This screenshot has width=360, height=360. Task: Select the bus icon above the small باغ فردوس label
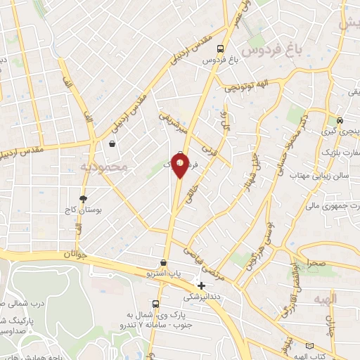tap(221, 49)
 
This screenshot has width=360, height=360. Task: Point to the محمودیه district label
tap(103, 167)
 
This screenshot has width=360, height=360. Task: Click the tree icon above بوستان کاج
tap(83, 200)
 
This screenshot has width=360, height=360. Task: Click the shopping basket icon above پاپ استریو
tap(164, 263)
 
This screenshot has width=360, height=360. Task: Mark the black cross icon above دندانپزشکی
tap(202, 286)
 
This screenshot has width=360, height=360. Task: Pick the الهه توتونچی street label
tap(247, 86)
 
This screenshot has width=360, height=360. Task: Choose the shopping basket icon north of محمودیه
tap(112, 144)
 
